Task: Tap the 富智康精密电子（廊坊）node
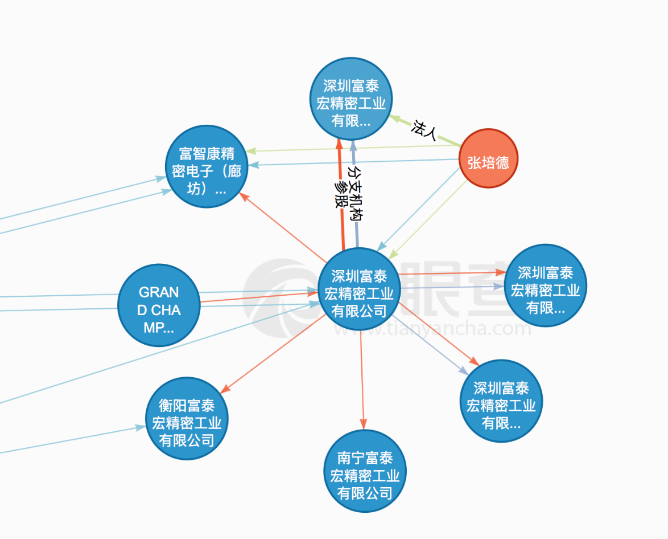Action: tap(206, 166)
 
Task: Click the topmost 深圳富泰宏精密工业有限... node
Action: tap(351, 99)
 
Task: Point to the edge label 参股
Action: tap(341, 194)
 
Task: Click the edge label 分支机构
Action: tap(356, 194)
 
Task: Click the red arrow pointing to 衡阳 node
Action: tap(267, 356)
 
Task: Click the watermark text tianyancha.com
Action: tap(432, 330)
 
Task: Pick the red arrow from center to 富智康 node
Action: tap(279, 226)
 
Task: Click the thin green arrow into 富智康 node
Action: tap(353, 149)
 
